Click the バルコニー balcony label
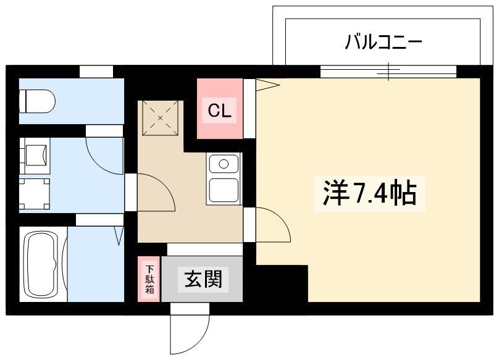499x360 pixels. tap(383, 43)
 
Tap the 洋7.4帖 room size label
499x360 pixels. tap(370, 193)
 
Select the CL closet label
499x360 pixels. tap(219, 111)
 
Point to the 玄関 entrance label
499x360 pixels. tap(203, 279)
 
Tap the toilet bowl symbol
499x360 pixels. tap(37, 101)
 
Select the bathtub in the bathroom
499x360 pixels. tap(43, 264)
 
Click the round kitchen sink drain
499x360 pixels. tap(224, 164)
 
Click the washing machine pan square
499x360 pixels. tap(35, 194)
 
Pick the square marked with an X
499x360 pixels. tap(160, 118)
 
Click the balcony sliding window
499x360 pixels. tap(388, 71)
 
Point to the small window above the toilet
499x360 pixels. tap(96, 71)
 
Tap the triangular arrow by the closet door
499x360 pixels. tap(267, 85)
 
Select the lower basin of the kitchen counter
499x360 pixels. tap(224, 190)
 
